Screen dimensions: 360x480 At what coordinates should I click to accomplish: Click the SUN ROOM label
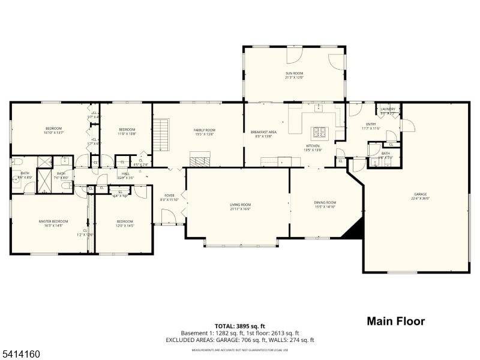(294, 73)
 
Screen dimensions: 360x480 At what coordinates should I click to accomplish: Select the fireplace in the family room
(200, 159)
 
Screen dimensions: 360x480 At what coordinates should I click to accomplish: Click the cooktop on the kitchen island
(318, 132)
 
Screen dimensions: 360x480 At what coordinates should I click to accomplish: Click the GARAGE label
(420, 194)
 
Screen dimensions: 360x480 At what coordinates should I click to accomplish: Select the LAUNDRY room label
(388, 109)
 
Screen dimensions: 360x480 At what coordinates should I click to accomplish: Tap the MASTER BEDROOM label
(53, 221)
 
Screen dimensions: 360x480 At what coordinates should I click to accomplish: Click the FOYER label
(170, 196)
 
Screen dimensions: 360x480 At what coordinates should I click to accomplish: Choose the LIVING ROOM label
(240, 205)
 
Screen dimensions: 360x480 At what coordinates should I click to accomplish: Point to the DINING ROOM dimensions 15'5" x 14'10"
(325, 207)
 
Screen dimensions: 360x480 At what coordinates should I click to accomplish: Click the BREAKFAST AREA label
(263, 132)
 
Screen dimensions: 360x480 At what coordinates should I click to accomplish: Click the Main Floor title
(395, 321)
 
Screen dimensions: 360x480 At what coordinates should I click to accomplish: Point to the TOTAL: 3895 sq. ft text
(240, 326)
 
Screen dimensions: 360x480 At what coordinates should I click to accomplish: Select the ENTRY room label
(371, 124)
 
